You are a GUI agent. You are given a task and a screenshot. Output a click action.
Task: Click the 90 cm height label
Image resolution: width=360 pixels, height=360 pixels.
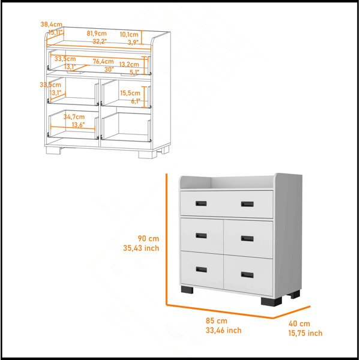pos(148,239)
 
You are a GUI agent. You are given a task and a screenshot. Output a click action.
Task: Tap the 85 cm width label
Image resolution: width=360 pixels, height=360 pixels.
pos(217,320)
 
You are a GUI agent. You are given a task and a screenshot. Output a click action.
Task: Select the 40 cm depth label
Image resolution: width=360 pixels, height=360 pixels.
pos(299,324)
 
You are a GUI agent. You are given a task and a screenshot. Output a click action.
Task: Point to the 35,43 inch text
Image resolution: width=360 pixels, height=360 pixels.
pos(141,248)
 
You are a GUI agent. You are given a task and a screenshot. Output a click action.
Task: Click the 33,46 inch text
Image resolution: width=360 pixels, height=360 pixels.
pos(223,331)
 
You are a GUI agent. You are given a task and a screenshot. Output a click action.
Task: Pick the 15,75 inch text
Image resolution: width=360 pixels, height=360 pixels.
pos(305,333)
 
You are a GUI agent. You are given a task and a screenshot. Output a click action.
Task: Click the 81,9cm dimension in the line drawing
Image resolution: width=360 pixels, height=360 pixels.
pos(97,34)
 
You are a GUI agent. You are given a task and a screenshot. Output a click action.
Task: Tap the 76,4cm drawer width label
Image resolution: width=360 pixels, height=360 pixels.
pos(103,62)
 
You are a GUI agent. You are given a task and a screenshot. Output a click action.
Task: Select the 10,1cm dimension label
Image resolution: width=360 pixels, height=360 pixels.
pos(129,35)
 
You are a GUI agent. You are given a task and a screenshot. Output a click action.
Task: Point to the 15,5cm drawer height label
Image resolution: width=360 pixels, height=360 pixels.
pos(130,93)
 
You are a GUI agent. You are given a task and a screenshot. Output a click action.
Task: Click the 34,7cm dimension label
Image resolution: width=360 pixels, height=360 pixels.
pos(74,117)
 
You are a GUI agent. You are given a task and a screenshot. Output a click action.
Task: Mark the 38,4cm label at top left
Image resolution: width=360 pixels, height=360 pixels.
pos(52,24)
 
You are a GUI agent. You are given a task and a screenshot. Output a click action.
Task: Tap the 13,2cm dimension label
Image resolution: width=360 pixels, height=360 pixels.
pos(129,64)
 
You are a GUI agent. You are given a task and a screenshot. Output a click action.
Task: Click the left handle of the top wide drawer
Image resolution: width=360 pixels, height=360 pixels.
pos(201,203)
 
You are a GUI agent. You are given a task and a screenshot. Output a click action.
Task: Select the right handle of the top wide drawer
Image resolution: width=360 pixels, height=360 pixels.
pos(247,204)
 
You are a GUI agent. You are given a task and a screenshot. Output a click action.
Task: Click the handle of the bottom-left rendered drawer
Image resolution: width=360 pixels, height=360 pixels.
pos(202,269)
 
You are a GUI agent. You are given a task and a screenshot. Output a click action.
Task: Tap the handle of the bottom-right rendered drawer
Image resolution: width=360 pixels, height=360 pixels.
pos(247,275)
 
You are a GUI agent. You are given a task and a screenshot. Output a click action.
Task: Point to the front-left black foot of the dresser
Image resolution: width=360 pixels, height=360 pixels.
pos(187,290)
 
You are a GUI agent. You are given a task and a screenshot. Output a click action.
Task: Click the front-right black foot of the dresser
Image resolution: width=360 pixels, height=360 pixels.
pos(271,301)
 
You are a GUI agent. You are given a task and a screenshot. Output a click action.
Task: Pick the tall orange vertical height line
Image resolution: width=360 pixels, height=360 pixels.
pos(166,239)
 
